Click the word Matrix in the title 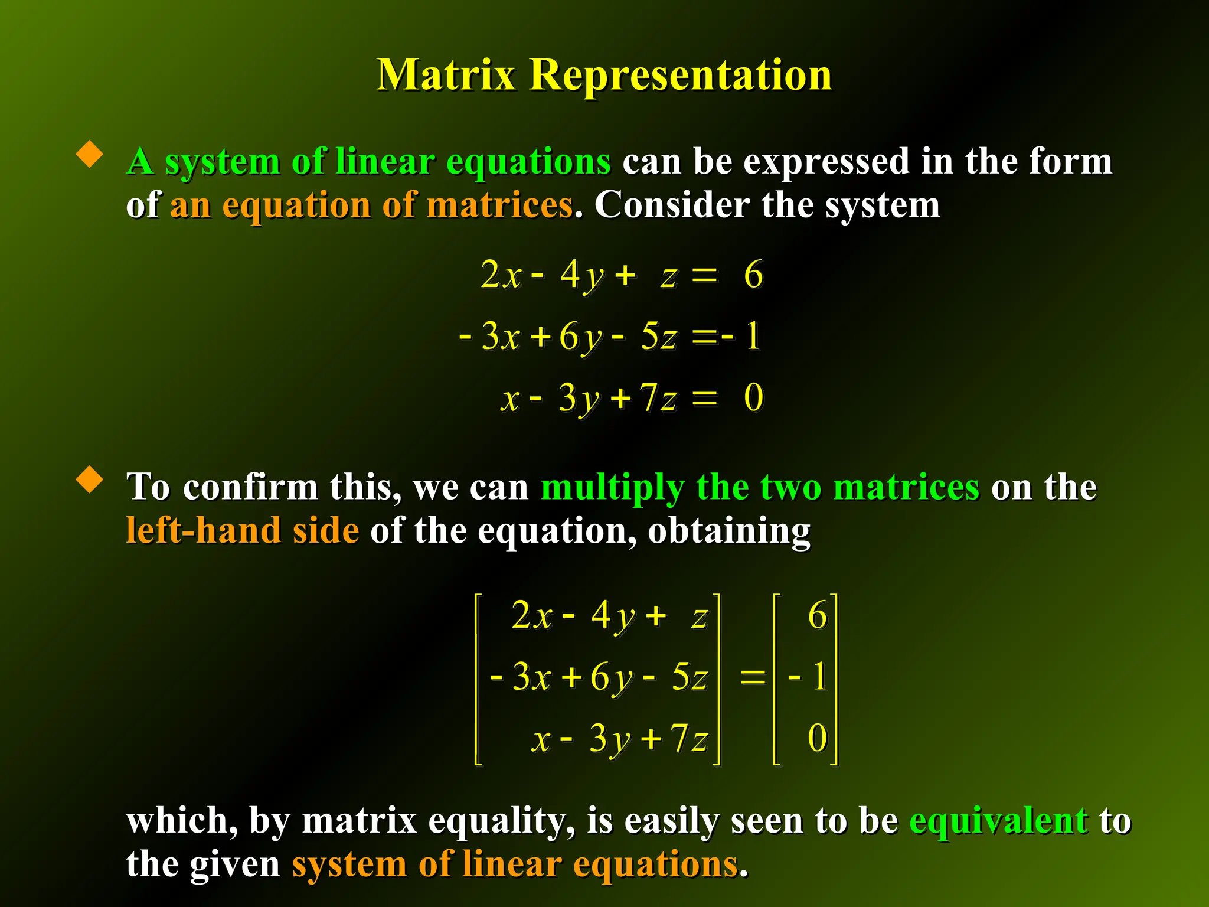click(446, 76)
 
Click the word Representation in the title click(680, 76)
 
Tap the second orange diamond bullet click(90, 479)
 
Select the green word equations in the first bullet click(528, 162)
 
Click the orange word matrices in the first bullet click(499, 205)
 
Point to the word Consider click(672, 205)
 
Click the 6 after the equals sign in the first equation click(753, 275)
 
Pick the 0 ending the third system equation click(753, 397)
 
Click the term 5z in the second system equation click(658, 337)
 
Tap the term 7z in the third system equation click(658, 397)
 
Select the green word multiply click(612, 488)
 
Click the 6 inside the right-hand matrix click(817, 615)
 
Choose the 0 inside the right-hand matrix click(817, 738)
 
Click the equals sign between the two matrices click(752, 677)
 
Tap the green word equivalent click(998, 821)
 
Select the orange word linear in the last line click(512, 864)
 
